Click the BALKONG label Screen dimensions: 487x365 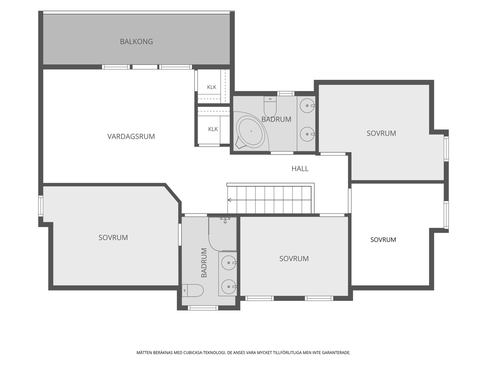[136, 42]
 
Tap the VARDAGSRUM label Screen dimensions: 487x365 [131, 136]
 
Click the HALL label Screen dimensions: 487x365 [300, 169]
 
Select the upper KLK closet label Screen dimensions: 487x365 [212, 87]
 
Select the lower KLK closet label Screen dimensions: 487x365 [213, 129]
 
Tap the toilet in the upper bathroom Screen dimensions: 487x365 [270, 107]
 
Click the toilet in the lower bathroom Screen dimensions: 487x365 [193, 290]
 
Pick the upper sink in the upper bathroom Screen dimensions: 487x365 [307, 105]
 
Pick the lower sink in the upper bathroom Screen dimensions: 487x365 [307, 134]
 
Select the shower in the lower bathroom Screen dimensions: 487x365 [223, 234]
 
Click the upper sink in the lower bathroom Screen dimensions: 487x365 [229, 263]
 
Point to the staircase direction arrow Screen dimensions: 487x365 [230, 200]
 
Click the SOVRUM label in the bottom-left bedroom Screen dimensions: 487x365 [113, 238]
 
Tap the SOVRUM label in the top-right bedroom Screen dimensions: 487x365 [381, 133]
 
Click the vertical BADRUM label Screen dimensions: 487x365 [204, 263]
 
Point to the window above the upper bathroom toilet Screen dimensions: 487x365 [286, 94]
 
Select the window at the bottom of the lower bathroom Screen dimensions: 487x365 [203, 308]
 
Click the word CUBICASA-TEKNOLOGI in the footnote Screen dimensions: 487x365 [204, 353]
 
